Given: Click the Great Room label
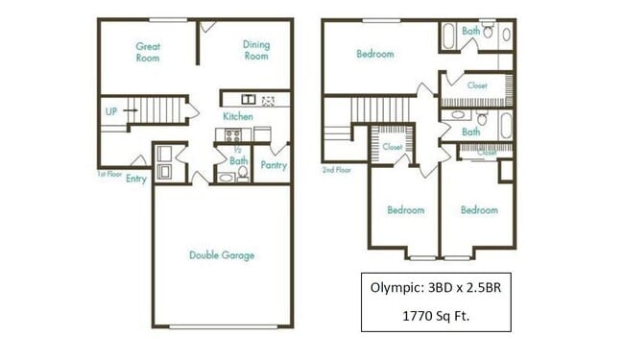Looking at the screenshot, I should tap(147, 52).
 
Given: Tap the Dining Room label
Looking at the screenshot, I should tap(255, 50).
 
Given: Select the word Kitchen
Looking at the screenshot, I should tap(238, 116).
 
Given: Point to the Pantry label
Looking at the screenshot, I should tap(274, 165).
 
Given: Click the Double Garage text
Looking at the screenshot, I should tap(222, 255).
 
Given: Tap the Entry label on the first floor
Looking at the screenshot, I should tap(135, 179).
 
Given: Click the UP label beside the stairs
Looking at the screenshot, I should tap(111, 112).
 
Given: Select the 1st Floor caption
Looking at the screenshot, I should tap(108, 174).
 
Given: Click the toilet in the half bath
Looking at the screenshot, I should tap(226, 177).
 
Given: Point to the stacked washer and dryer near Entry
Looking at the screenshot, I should tap(164, 163).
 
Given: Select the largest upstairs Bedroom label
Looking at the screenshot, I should tap(375, 55).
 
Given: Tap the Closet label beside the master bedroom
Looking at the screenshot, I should tap(477, 86).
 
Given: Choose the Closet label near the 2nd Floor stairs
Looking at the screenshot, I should tap(392, 148).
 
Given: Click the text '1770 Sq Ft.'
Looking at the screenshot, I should tap(436, 314).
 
